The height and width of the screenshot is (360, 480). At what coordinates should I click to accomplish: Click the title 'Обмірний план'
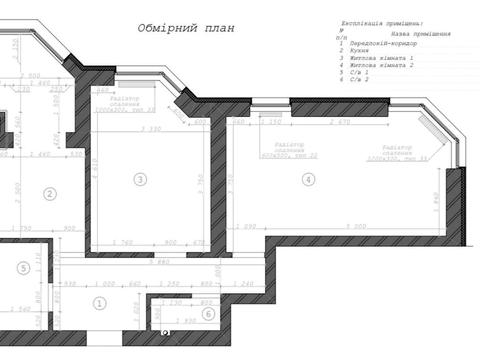click(185, 28)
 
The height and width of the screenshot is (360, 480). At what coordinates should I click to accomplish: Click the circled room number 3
click(140, 179)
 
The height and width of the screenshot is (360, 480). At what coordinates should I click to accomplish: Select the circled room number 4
click(308, 179)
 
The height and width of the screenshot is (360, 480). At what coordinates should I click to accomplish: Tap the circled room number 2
click(48, 194)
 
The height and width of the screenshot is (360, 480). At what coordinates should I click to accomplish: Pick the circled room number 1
click(99, 303)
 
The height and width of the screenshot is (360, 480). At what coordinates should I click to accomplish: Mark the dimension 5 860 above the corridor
click(158, 261)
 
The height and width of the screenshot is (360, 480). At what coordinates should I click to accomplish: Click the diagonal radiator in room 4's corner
click(433, 136)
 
